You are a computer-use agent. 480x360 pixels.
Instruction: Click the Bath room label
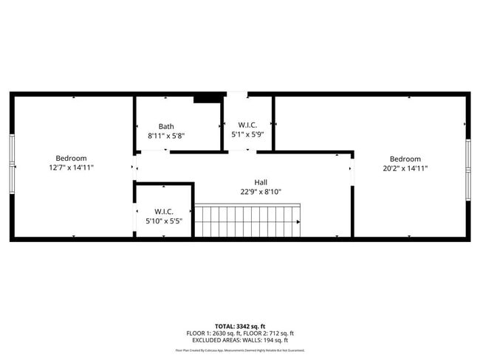[166, 126]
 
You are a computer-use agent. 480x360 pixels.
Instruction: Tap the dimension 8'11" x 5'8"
[166, 136]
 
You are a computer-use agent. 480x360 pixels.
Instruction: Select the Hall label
[261, 182]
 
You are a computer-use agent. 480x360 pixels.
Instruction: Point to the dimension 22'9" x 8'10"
[261, 192]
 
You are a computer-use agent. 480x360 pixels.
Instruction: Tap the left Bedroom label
[71, 159]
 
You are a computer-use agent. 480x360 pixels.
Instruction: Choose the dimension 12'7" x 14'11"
[71, 168]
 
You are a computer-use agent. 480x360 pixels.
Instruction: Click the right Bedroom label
[405, 159]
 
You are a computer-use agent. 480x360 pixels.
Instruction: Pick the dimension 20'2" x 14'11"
[405, 168]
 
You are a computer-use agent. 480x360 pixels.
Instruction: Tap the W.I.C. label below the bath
[163, 212]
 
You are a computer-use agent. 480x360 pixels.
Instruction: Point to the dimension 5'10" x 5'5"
[163, 221]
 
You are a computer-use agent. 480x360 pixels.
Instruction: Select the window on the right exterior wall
[467, 166]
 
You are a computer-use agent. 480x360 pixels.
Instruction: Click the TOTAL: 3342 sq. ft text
[240, 325]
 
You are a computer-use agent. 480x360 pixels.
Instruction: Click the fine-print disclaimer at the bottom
[240, 350]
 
